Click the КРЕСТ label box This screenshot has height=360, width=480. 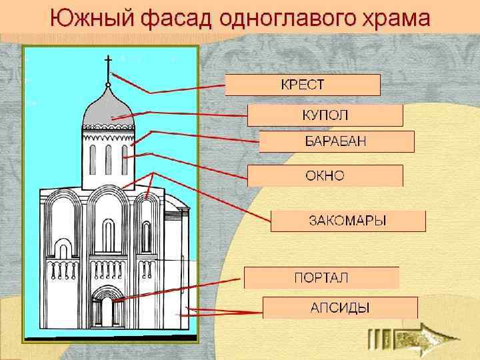click(x=302, y=85)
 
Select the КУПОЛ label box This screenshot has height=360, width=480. click(x=325, y=115)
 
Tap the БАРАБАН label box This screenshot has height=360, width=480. click(x=336, y=141)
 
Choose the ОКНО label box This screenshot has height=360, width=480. click(x=325, y=175)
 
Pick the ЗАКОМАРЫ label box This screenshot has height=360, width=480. click(x=347, y=221)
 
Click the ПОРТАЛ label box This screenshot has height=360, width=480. click(x=321, y=277)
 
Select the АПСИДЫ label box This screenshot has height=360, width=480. click(x=339, y=307)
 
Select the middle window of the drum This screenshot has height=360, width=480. click(x=108, y=159)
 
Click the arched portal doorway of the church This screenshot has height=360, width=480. click(x=107, y=309)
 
